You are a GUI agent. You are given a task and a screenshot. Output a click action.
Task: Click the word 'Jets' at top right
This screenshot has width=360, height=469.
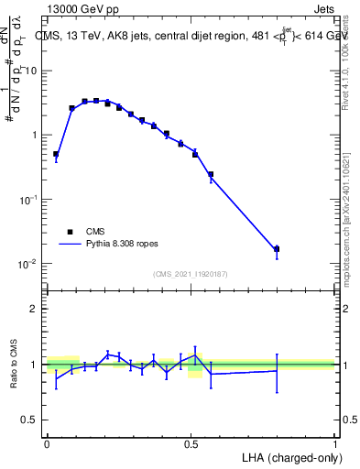click(320, 9)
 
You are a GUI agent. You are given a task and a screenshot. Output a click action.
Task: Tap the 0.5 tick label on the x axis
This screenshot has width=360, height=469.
click(191, 442)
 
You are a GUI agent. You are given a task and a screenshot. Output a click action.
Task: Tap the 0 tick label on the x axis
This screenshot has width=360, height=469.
click(47, 442)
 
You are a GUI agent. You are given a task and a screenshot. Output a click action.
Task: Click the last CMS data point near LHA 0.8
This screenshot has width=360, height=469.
click(277, 249)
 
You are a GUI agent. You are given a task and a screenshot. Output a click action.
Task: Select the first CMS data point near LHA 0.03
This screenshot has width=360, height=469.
click(56, 155)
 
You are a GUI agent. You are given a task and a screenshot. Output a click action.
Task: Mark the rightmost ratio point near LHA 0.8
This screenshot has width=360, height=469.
click(277, 369)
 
